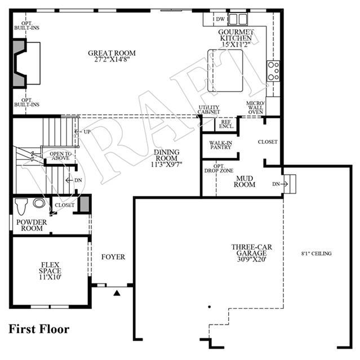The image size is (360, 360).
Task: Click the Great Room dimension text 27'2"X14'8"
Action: coord(112,60)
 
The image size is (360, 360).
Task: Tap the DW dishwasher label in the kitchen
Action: coord(220,19)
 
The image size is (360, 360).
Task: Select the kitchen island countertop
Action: coord(225,71)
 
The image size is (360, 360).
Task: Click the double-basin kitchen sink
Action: coord(238,19)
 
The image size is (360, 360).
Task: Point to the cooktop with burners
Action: coord(273,71)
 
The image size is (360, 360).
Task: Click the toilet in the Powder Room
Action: coord(21,206)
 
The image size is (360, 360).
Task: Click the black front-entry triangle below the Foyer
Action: coord(117,293)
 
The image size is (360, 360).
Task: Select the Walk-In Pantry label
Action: coord(220,145)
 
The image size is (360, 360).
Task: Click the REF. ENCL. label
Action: coord(226,124)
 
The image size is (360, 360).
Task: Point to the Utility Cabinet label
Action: coord(208,110)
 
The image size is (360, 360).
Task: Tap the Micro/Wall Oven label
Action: coord(256,108)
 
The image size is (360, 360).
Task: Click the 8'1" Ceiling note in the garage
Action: coord(317,254)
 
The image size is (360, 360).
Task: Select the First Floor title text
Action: coord(39,329)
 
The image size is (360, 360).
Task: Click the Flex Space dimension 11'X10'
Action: coord(50,277)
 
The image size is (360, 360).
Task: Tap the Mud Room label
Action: coord(245,181)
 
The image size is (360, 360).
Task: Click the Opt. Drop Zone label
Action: coord(219,168)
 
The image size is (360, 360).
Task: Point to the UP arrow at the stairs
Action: coord(77,132)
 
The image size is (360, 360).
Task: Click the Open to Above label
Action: coord(61,156)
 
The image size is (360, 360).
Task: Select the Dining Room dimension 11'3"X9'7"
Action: coord(166,165)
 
